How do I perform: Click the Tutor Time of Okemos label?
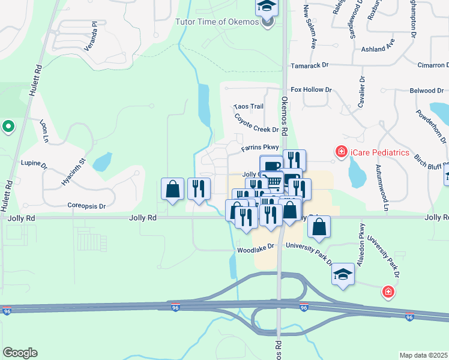click(217, 22)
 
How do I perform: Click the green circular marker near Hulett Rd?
click(8, 126)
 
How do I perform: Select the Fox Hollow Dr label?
click(311, 89)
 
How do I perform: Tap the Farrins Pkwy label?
click(260, 147)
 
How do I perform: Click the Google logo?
click(20, 353)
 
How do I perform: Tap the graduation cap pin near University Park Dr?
click(343, 275)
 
